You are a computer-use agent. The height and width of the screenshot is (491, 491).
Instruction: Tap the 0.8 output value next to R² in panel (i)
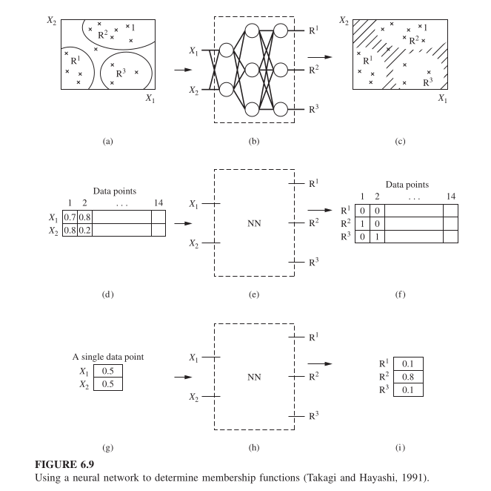(408, 376)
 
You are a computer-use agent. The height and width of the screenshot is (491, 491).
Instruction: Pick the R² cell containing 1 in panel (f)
(360, 225)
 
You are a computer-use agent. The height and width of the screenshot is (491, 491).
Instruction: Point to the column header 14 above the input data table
(158, 202)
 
